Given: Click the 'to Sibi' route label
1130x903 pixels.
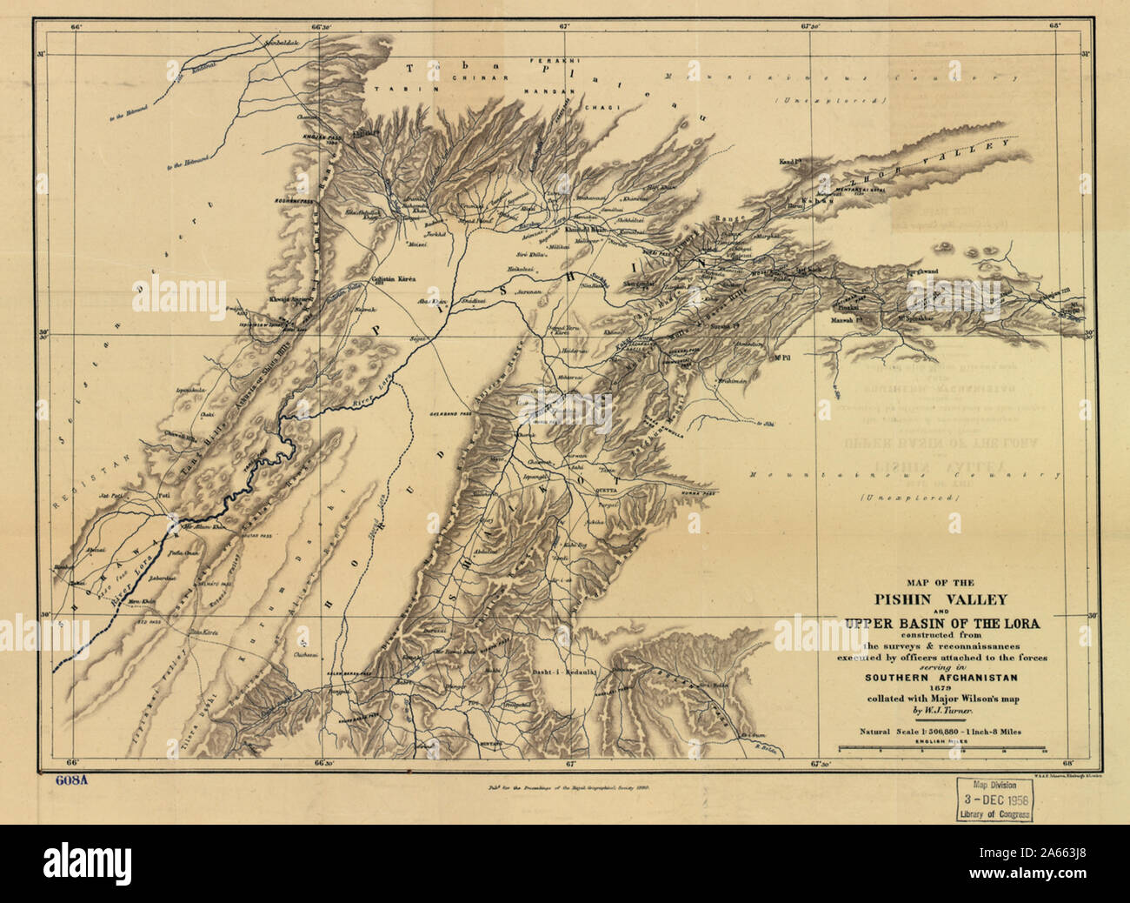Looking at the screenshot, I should point(764,424).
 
